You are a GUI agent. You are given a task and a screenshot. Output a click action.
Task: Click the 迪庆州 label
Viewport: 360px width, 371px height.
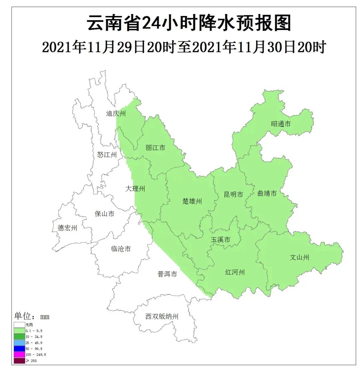pos(116,113)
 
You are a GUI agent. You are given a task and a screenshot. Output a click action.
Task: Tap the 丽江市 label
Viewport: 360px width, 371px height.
pos(155,147)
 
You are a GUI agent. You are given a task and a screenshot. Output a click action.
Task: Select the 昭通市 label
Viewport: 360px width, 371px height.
pos(281,124)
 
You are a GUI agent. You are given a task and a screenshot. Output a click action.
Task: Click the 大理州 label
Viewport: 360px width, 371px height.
pos(135,189)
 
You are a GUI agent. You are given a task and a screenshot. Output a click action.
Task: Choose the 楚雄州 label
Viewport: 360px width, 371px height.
pos(192,201)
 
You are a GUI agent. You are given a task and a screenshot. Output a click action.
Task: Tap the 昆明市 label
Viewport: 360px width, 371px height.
pos(233,194)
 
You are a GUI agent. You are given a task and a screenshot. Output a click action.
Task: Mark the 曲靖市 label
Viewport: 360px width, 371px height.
pos(267,193)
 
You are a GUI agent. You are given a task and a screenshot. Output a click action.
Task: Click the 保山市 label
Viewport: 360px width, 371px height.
pos(105,214)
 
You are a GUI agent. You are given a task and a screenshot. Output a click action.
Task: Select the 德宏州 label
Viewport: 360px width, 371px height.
pos(68,228)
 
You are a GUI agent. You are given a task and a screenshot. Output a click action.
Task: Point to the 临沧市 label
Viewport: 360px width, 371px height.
pos(121,249)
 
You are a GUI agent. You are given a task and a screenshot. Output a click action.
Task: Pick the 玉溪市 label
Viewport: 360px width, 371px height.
pos(220,240)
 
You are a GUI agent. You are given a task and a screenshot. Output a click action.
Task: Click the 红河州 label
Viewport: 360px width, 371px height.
pos(235,272)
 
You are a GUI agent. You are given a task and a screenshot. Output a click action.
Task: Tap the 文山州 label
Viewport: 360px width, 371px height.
pos(299,257)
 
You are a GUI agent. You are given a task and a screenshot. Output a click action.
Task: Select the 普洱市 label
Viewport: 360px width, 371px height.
pos(167,274)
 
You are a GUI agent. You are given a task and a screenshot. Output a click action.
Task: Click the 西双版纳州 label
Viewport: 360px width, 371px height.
pos(162,317)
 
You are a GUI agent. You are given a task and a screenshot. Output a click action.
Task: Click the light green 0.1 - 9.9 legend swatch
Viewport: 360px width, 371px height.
pos(19,330)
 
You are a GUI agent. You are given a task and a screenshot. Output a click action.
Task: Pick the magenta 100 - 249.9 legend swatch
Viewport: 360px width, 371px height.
pos(19,354)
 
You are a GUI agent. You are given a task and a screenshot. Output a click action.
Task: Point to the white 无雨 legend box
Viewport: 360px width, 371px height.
pos(19,324)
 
